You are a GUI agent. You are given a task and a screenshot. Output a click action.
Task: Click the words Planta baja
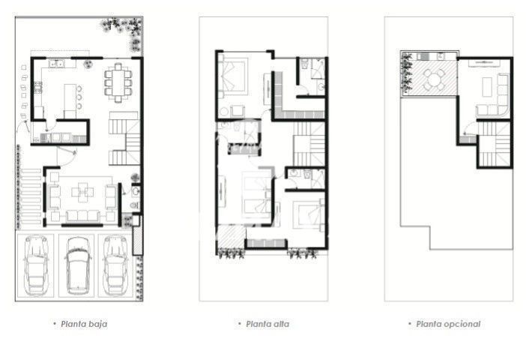(x=84, y=324)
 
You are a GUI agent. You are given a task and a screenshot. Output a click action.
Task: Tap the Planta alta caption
(x=267, y=324)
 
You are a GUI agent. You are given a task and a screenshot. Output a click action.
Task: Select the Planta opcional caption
(x=448, y=324)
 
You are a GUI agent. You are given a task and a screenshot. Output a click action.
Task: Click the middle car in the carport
(x=78, y=265)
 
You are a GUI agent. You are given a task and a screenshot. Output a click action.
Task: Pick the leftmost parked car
(x=36, y=265)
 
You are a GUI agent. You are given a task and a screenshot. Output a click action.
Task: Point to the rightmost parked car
(x=115, y=265)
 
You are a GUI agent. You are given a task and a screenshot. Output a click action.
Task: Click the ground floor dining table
(x=118, y=82)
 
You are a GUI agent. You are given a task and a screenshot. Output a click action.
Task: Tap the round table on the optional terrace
(x=434, y=80)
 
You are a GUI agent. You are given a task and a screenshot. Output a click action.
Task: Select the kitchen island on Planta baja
(x=70, y=100)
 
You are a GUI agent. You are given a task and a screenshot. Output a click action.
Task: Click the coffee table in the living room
(x=82, y=192)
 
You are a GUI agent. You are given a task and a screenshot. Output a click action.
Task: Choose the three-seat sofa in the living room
(x=82, y=215)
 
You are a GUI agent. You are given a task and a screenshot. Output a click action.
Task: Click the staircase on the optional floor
(x=494, y=145)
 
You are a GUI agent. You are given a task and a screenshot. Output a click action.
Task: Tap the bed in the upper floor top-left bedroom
(x=234, y=75)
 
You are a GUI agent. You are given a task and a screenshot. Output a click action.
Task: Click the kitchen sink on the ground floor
(x=57, y=63)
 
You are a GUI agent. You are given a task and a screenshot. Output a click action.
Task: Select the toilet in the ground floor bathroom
(x=135, y=205)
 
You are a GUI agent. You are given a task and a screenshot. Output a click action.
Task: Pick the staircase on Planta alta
(x=309, y=144)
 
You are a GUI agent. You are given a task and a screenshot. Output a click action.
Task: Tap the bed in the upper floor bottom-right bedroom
(x=309, y=215)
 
